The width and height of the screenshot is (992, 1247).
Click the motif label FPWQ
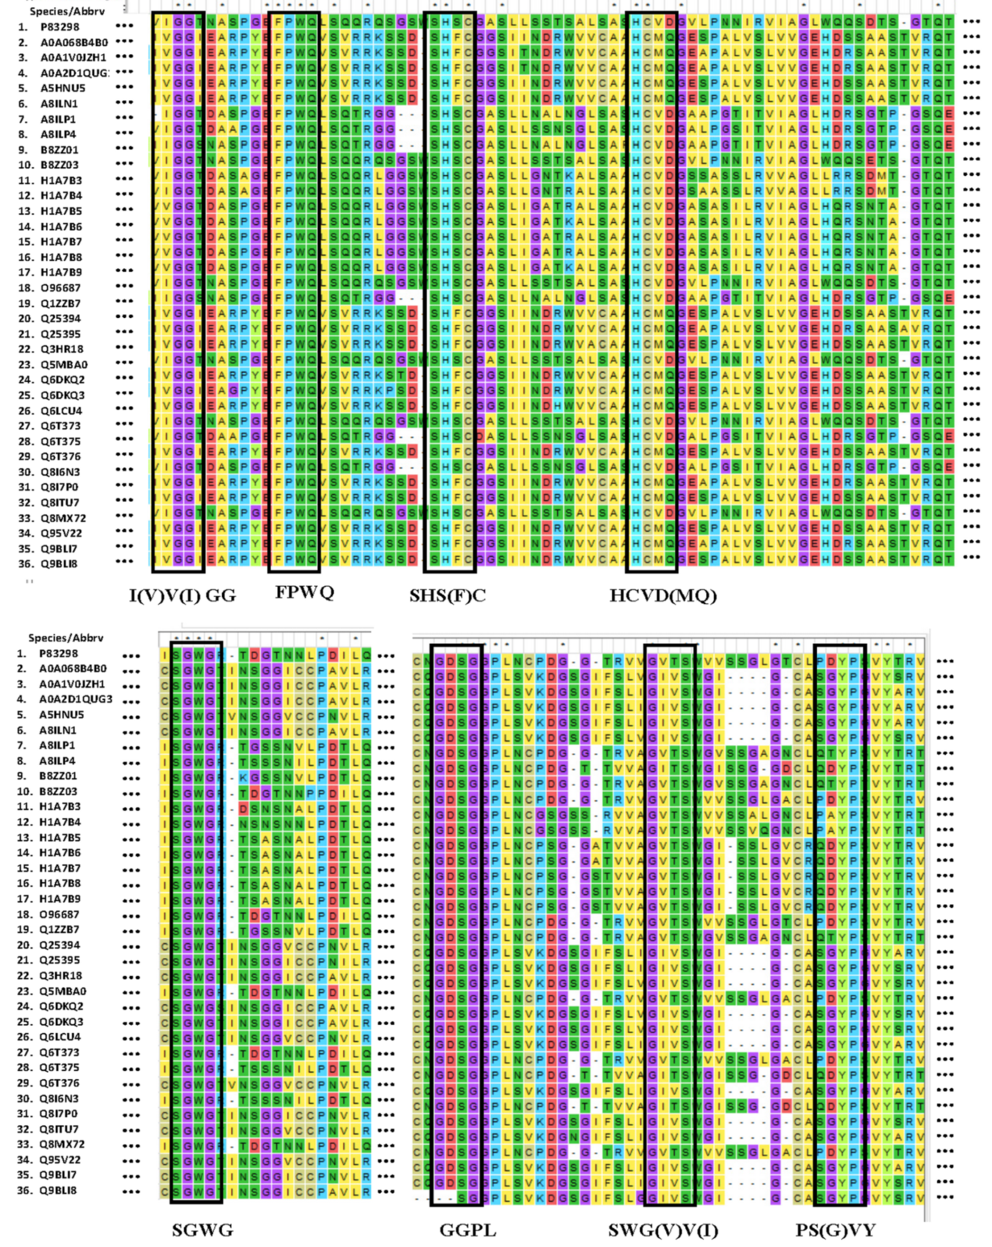tap(304, 592)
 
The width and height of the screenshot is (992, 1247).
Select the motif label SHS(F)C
tap(448, 595)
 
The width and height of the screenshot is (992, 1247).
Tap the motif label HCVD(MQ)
tap(663, 595)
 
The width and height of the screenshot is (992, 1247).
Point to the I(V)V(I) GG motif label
tap(182, 595)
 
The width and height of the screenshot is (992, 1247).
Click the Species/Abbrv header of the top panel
tap(66, 11)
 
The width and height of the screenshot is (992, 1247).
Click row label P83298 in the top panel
tap(60, 26)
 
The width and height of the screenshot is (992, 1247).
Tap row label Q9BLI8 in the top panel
tap(58, 564)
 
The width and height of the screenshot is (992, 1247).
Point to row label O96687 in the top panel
tap(60, 288)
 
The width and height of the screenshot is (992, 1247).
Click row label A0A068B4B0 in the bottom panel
tap(73, 668)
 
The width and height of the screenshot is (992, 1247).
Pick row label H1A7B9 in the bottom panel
tap(60, 899)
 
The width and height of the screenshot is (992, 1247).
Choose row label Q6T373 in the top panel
tap(60, 426)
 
